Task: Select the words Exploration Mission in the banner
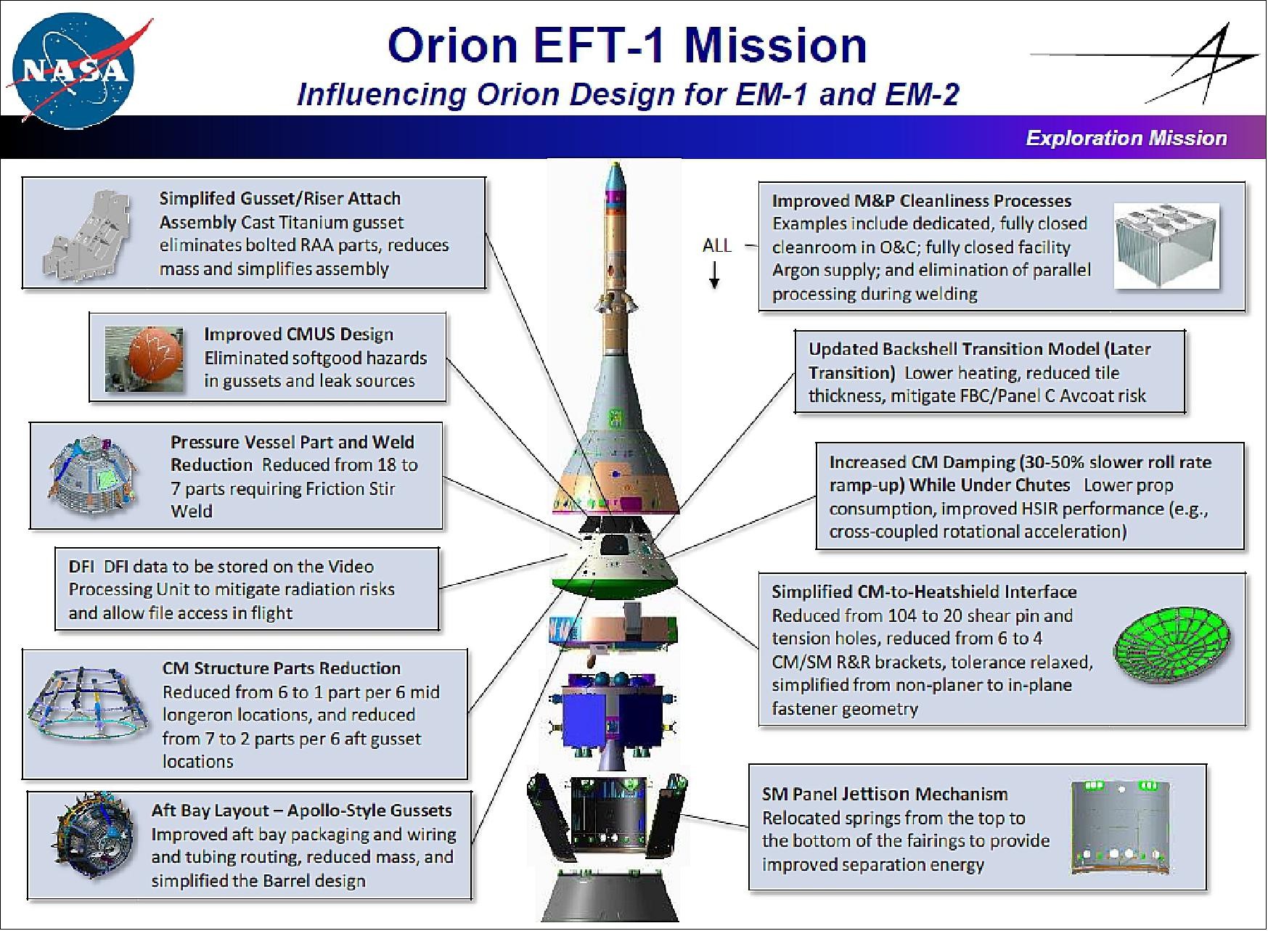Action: tap(1126, 138)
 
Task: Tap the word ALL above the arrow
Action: tap(716, 245)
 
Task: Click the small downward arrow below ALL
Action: tap(714, 274)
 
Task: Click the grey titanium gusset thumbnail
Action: tap(88, 234)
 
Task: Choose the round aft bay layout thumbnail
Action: tap(93, 842)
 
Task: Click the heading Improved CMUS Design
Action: tap(298, 334)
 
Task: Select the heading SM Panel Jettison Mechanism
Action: tap(885, 794)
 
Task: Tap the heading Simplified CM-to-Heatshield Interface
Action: tap(924, 591)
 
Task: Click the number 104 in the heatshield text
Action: tap(901, 615)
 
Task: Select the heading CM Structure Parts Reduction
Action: tap(282, 668)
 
